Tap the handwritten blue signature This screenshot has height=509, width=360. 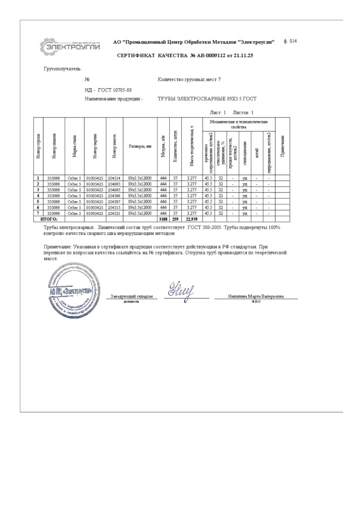point(182,290)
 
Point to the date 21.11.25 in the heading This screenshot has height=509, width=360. point(244,56)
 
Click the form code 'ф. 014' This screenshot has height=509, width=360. point(289,41)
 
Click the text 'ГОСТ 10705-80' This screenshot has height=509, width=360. point(115,90)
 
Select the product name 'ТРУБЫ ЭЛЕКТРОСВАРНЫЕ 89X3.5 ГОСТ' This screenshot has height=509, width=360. point(207,98)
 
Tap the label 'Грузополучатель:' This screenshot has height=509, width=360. point(63,68)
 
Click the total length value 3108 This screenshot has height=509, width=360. point(164,219)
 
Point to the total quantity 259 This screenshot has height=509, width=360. point(175,219)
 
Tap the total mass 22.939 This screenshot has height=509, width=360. point(192,219)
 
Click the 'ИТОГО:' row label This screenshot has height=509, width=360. point(49,219)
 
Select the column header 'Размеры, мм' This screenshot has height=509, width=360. point(139,146)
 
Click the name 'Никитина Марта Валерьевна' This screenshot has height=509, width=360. point(256,296)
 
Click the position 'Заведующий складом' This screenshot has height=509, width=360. point(131,296)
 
